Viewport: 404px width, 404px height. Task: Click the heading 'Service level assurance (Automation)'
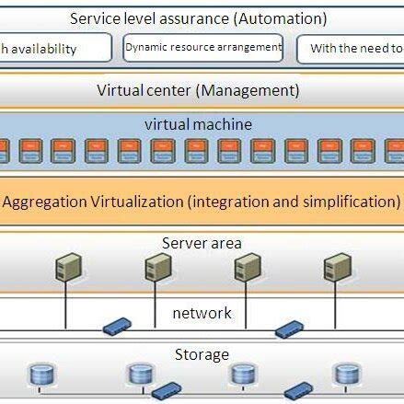199,17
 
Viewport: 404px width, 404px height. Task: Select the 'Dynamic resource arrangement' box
203,48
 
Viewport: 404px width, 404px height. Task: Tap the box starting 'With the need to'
352,49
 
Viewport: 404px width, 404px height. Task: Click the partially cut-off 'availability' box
55,49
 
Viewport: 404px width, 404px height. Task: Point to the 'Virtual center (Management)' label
198,90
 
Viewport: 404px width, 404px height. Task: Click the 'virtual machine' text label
198,124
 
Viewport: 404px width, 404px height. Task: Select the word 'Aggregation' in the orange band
45,202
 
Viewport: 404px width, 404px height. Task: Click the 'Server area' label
202,243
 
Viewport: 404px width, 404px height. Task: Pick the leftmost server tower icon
66,268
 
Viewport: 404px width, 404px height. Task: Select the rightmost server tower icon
335,268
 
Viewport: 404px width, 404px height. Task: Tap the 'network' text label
202,313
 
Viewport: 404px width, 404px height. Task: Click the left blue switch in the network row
117,326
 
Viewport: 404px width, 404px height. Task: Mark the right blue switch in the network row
290,327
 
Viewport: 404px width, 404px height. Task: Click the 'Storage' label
202,354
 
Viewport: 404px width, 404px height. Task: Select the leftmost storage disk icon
40,375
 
